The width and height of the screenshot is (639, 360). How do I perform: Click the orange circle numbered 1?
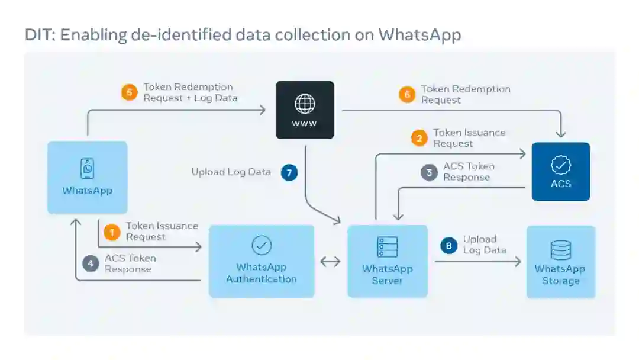click(x=111, y=232)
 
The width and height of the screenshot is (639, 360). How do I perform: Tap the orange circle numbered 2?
click(x=419, y=139)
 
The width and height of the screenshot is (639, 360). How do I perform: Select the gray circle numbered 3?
click(x=429, y=172)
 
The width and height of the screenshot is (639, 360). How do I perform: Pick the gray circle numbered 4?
click(x=91, y=263)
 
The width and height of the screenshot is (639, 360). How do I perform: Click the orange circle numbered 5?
click(x=129, y=92)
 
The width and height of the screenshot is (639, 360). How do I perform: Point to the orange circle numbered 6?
click(x=406, y=95)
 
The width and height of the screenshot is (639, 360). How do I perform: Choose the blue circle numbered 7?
click(x=289, y=172)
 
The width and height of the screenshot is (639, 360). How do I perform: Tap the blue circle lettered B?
click(x=448, y=245)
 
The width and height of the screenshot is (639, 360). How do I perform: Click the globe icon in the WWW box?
click(x=305, y=104)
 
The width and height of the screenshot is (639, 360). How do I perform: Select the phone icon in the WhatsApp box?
click(x=88, y=169)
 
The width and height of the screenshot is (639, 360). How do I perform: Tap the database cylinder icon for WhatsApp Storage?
click(x=560, y=250)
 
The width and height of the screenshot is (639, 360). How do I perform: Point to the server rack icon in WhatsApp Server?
click(x=387, y=247)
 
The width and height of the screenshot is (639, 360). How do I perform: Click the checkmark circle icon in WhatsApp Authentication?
click(x=261, y=245)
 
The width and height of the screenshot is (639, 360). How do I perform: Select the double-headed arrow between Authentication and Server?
click(x=330, y=261)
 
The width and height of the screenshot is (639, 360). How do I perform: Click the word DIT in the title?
click(x=38, y=35)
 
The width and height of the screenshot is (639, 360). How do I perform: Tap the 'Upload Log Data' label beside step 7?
click(x=231, y=172)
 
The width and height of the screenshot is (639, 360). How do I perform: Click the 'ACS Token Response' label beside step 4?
click(x=130, y=263)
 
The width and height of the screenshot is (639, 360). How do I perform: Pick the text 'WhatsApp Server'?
click(x=387, y=275)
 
